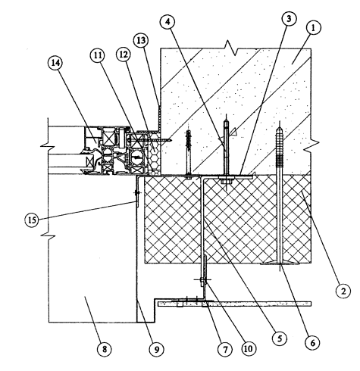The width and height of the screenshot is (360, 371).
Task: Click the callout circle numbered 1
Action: [x=313, y=28]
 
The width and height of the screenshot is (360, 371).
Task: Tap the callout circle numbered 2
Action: [x=343, y=291]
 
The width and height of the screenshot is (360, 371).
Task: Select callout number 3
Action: [x=289, y=18]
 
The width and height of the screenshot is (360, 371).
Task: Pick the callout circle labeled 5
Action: [x=280, y=338]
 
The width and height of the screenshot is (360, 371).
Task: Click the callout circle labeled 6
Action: [x=312, y=342]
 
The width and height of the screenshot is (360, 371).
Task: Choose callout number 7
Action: [x=225, y=349]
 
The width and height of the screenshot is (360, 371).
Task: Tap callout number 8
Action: [x=105, y=349]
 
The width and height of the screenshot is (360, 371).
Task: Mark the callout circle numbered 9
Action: [x=157, y=349]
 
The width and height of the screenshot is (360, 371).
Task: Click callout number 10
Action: [x=248, y=348]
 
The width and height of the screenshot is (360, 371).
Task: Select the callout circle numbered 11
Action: [x=99, y=55]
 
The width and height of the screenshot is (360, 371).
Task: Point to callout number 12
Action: [x=124, y=55]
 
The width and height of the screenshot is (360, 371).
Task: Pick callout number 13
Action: [x=141, y=40]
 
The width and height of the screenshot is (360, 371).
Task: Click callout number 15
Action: [x=32, y=220]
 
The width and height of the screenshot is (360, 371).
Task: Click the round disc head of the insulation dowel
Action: [x=279, y=264]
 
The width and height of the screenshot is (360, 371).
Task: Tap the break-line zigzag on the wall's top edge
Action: [x=232, y=47]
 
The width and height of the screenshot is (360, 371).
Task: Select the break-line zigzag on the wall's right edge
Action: [x=311, y=146]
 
